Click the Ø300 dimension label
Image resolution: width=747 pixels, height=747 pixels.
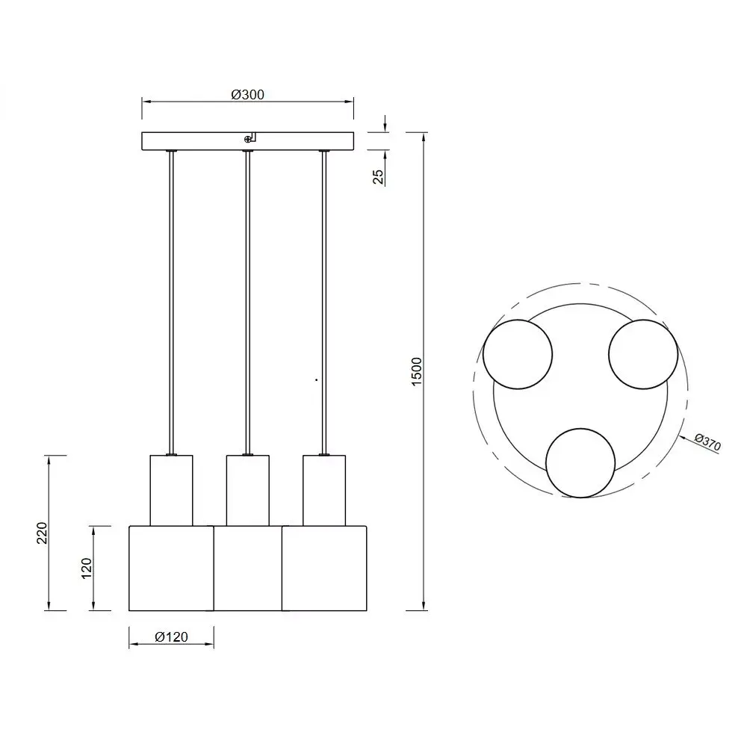pos(248,94)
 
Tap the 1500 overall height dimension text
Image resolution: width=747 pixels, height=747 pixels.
pos(417,371)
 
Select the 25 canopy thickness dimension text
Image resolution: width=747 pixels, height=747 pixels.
pos(378,176)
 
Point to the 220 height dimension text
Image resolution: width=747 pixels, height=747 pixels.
pos(43,533)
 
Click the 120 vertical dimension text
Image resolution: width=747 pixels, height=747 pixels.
pos(87,568)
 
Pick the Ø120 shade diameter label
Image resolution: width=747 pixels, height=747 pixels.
pos(171,637)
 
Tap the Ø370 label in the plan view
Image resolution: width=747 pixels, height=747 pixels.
pos(707,442)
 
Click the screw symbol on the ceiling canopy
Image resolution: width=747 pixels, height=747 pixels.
pos(248,138)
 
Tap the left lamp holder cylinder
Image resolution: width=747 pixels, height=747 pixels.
pos(171,490)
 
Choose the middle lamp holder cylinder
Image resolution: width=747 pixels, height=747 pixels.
pos(247,490)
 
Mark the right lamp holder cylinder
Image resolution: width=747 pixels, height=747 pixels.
pos(323,490)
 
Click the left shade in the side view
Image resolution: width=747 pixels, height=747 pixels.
pos(171,568)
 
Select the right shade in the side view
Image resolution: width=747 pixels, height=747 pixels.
pos(325,568)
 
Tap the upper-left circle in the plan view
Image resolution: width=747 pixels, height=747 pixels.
pos(518,354)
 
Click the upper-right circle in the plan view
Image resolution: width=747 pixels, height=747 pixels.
pos(643,354)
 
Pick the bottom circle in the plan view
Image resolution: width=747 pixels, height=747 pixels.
pos(580,462)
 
